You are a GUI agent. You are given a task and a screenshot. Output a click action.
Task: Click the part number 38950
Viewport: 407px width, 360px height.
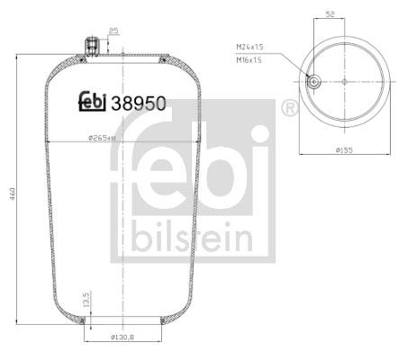[140, 102]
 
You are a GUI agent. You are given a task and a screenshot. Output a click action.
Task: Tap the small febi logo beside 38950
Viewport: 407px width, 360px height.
[91, 102]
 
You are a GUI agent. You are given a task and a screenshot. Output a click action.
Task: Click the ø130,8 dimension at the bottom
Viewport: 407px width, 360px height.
[122, 337]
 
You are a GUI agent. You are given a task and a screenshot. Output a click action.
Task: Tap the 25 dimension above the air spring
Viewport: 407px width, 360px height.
[113, 32]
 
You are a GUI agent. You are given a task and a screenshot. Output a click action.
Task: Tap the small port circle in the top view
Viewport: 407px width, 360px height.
[313, 81]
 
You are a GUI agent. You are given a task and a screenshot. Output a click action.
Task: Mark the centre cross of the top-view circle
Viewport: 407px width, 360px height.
[344, 81]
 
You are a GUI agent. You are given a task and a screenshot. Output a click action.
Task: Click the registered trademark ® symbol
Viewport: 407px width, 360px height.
[290, 108]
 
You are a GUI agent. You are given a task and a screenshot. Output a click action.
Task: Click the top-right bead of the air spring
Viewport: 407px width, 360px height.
[160, 61]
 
